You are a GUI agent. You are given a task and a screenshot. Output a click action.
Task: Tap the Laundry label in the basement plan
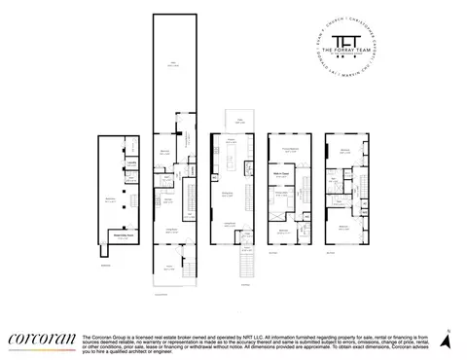click(x=118, y=162)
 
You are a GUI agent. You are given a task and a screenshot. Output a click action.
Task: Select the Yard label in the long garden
click(x=174, y=63)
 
